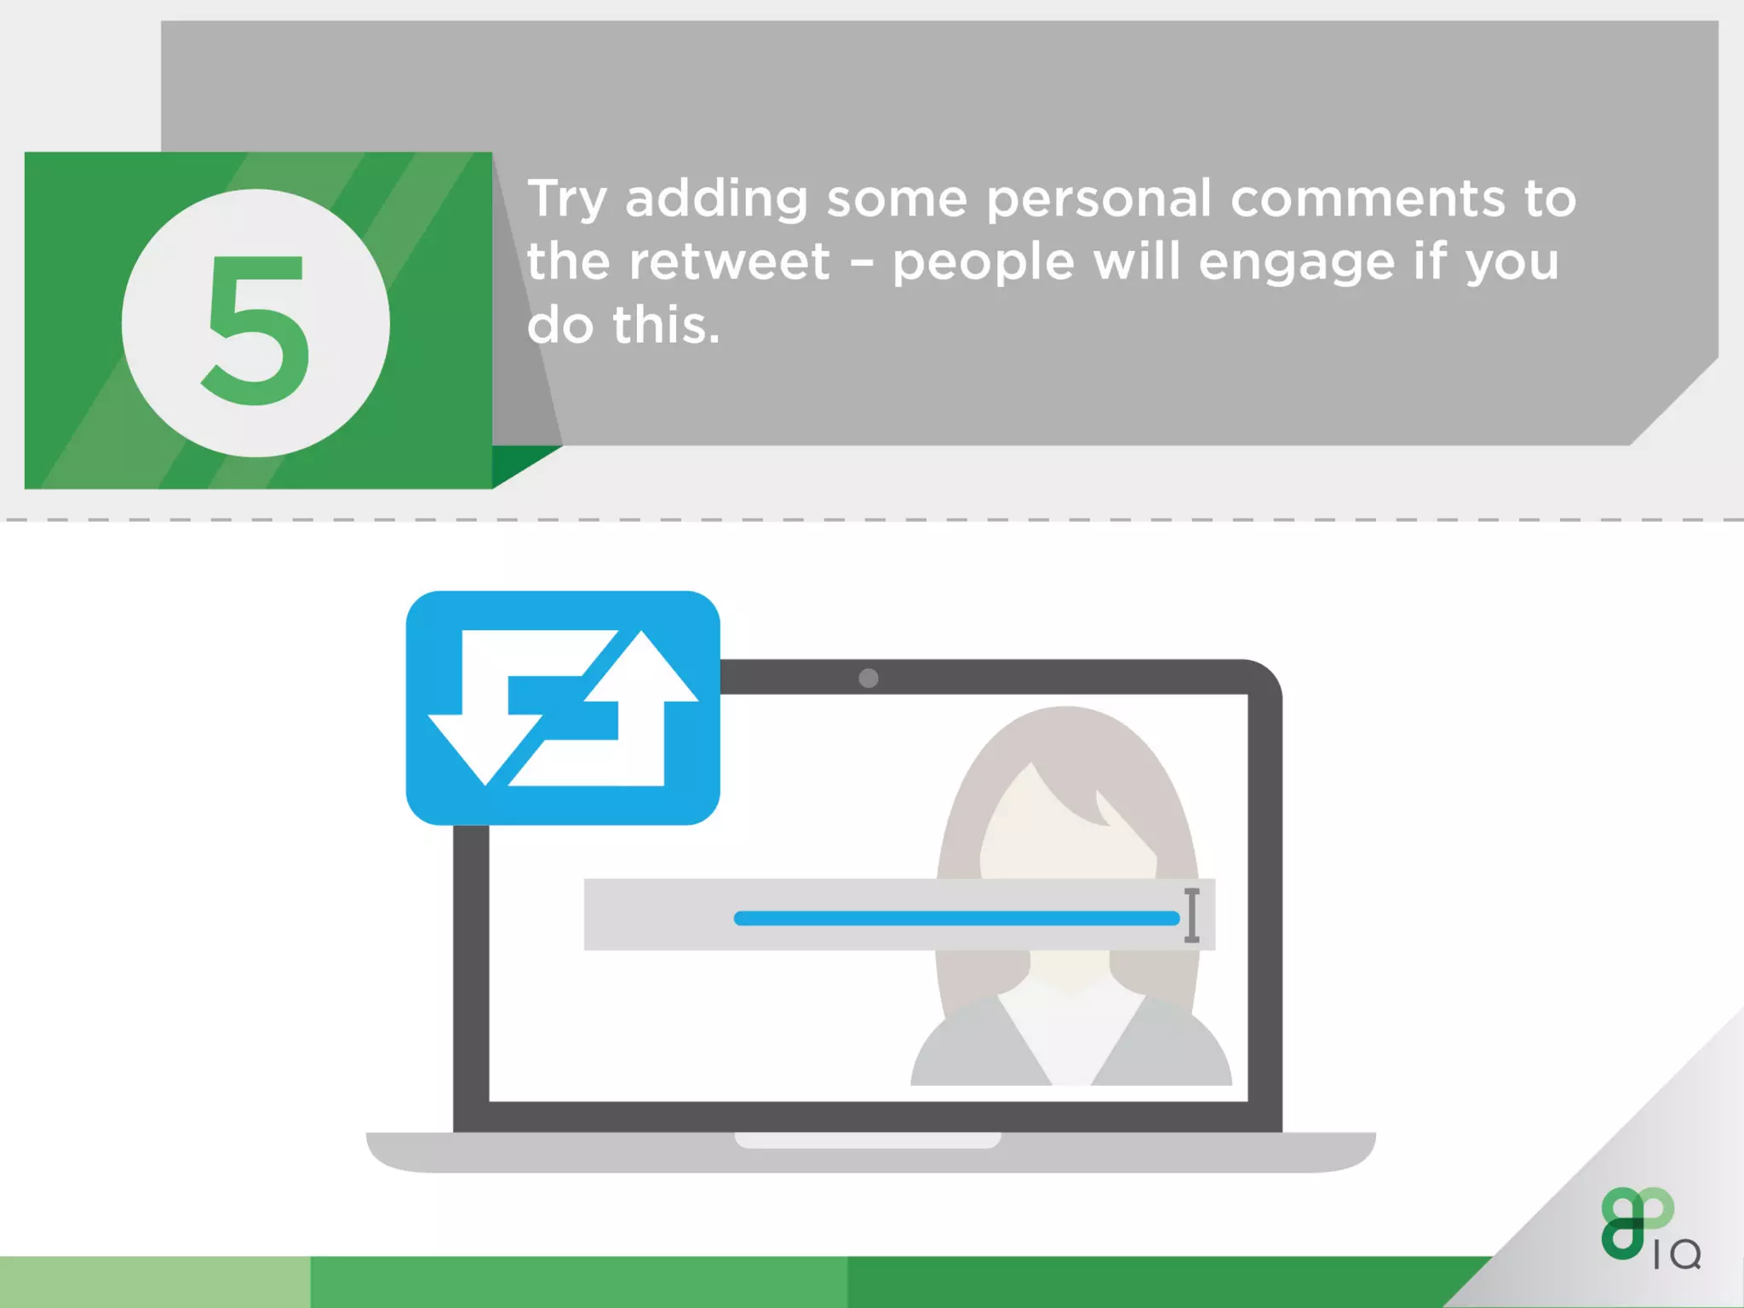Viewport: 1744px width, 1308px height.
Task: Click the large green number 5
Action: coord(256,330)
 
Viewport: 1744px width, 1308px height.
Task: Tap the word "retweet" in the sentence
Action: coord(729,261)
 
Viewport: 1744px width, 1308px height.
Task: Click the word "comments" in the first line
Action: coord(1368,199)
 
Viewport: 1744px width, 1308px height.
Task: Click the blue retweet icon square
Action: coord(563,708)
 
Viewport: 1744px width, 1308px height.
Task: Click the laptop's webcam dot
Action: coord(868,678)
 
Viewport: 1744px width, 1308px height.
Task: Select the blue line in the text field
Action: coord(955,918)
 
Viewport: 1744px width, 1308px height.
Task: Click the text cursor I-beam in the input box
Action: coord(1191,915)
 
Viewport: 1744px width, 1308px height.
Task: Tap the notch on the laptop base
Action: coord(867,1140)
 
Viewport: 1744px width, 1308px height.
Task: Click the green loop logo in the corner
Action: coord(1634,1222)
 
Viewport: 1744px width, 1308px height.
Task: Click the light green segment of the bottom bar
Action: coord(154,1282)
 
